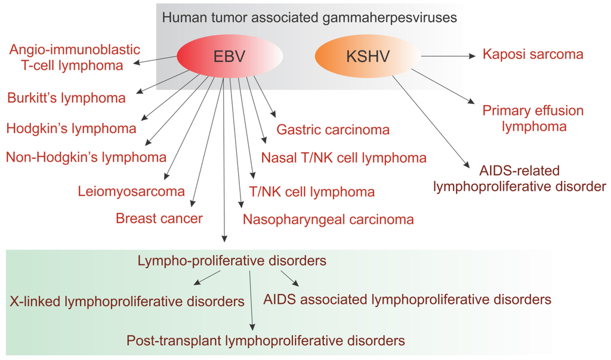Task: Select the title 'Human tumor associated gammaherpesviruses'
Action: coord(309,17)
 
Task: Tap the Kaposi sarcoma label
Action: coord(533,55)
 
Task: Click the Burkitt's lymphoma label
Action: coord(67,98)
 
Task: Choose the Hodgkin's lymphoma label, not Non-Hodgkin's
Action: coord(71,128)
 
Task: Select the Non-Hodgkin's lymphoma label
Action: coord(86,158)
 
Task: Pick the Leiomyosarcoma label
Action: coord(131,192)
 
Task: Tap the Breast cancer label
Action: coord(159,219)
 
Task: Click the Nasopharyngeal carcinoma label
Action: coord(328,219)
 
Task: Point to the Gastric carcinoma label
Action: coord(333,130)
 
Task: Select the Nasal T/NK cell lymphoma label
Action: coord(344,158)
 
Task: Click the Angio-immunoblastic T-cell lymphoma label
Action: coord(75,57)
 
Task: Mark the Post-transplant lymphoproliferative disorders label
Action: coord(266,341)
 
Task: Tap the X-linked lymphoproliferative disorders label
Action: coord(127,301)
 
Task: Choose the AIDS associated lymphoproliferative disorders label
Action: coord(407,298)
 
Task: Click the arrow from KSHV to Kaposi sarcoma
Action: coord(450,56)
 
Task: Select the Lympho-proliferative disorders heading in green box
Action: coord(232,261)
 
